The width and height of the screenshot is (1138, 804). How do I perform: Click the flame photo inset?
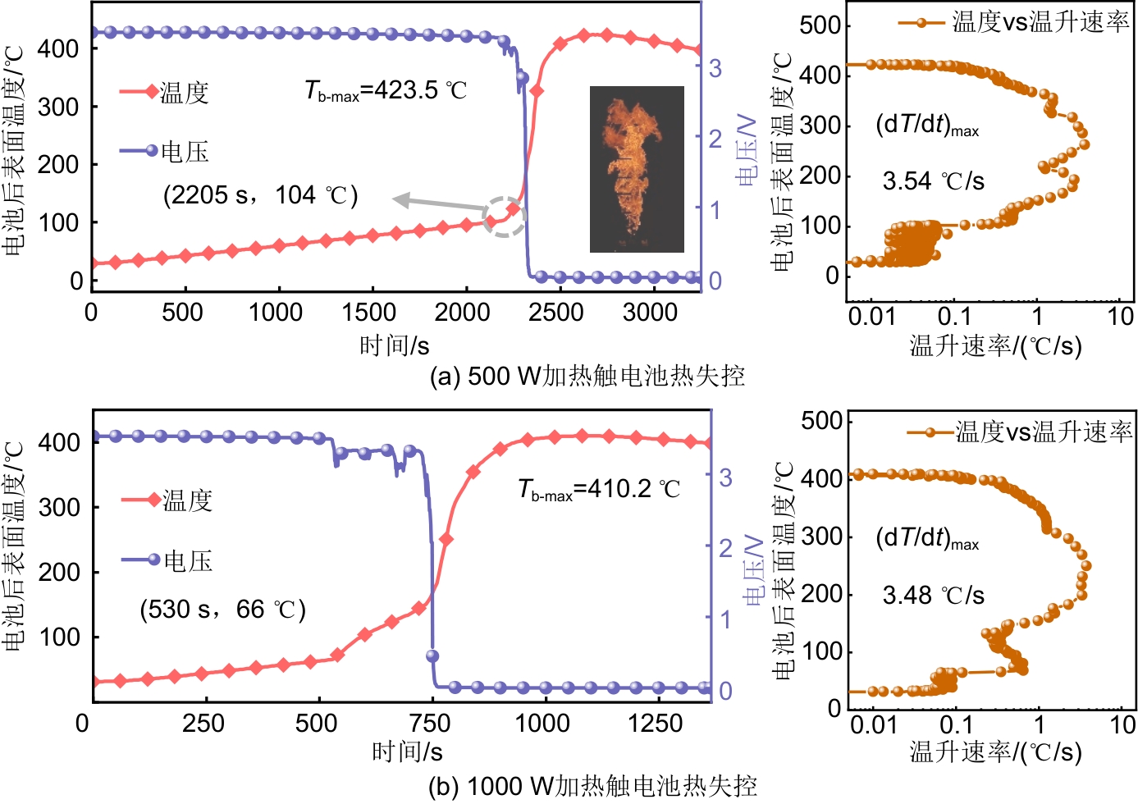click(637, 168)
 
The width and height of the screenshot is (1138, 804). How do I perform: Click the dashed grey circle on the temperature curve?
click(504, 217)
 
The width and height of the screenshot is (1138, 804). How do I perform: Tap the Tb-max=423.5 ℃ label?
click(386, 89)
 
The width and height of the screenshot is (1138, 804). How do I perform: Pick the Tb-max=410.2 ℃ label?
click(599, 490)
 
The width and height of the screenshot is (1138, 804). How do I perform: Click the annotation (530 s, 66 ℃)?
click(222, 610)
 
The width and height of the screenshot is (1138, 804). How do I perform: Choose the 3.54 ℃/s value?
click(933, 180)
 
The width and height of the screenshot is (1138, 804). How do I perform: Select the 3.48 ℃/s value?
click(933, 595)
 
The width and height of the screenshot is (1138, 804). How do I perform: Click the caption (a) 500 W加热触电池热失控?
click(587, 376)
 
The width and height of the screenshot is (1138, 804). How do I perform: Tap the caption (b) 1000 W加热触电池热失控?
click(592, 786)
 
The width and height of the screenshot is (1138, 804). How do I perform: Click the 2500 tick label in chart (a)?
click(556, 313)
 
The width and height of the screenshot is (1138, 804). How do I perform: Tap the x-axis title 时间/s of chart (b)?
click(407, 751)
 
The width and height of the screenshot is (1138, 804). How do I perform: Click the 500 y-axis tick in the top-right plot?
click(820, 25)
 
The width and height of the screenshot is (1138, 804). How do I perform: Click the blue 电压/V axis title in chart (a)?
click(746, 150)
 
